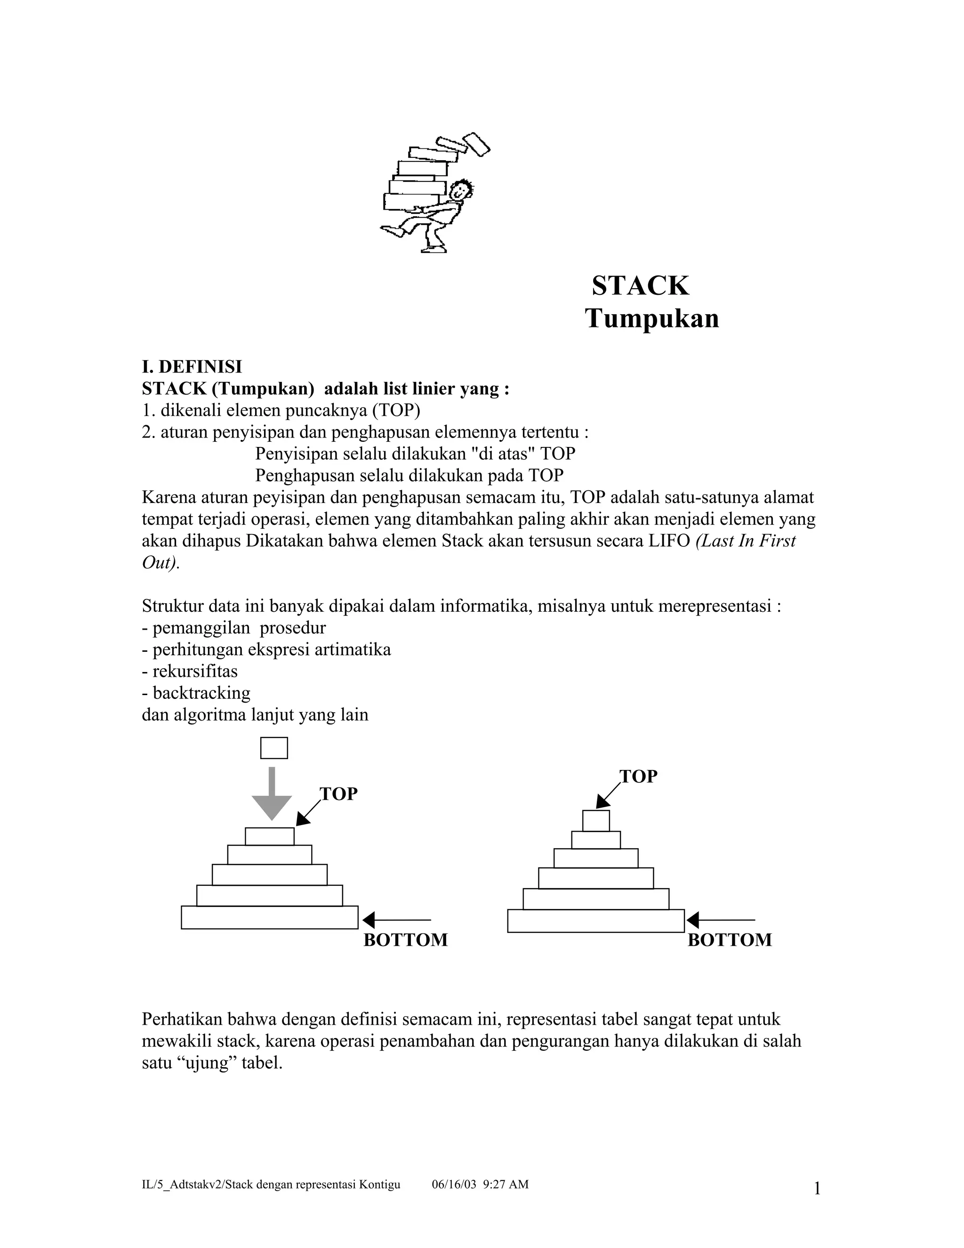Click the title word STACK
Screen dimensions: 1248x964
(640, 286)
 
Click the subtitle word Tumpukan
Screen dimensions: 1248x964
(651, 319)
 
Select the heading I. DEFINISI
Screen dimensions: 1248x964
(192, 366)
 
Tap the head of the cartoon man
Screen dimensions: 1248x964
(460, 191)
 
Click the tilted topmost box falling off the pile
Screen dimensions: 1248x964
(476, 144)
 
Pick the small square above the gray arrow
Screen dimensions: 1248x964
(274, 748)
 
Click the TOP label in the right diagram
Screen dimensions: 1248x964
(638, 776)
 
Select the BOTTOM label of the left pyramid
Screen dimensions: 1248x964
(405, 940)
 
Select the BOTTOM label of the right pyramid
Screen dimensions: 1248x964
(729, 940)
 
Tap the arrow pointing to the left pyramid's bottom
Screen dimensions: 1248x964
(397, 920)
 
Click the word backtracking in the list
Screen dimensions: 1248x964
(201, 693)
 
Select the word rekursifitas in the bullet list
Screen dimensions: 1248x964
(195, 672)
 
